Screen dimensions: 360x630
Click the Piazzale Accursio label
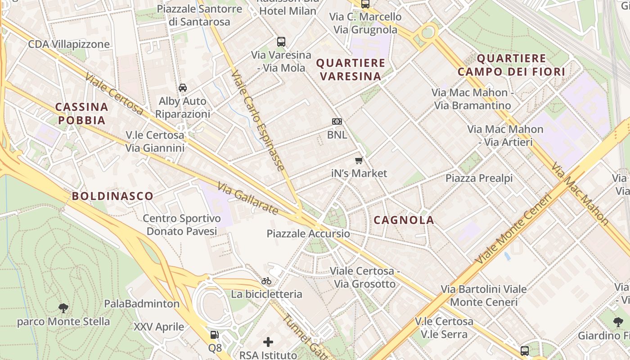point(308,234)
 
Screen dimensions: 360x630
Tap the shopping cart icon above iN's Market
point(359,161)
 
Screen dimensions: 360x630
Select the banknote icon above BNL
point(337,121)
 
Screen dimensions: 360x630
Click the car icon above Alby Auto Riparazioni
point(183,88)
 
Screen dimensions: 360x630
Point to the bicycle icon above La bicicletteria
point(266,281)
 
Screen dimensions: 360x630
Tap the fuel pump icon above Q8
point(215,335)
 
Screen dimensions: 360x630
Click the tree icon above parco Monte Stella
point(63,308)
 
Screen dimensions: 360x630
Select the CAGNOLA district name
point(404,220)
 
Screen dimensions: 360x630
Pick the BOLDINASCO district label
point(112,196)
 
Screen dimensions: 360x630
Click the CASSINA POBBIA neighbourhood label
point(82,113)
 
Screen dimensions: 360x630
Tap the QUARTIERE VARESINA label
point(351,69)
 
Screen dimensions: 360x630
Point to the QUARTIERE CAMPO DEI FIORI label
point(511,65)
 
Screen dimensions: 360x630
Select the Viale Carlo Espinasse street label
point(258,120)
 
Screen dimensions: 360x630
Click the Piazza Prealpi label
point(479,178)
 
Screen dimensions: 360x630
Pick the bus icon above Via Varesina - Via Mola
point(281,42)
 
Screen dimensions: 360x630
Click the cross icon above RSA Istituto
point(268,342)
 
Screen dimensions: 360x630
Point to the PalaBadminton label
point(142,304)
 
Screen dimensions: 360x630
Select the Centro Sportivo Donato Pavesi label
point(182,225)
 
